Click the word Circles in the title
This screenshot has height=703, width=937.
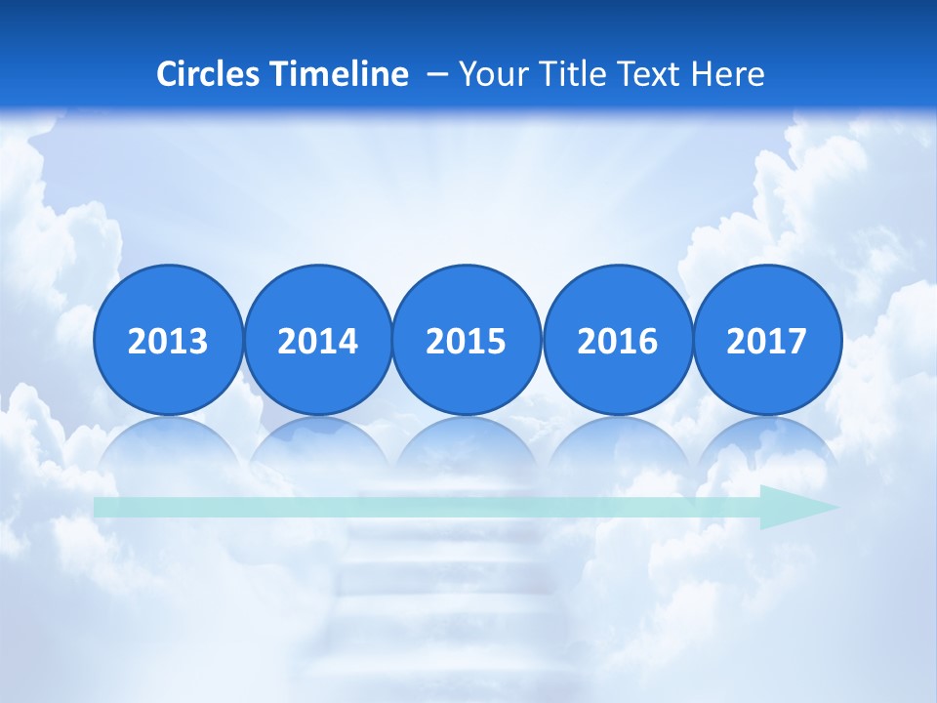click(x=208, y=74)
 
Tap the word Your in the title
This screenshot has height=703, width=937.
click(x=488, y=74)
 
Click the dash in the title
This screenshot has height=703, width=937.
click(x=437, y=74)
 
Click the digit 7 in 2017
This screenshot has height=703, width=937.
click(x=796, y=342)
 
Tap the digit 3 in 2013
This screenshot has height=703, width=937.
click(x=197, y=342)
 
